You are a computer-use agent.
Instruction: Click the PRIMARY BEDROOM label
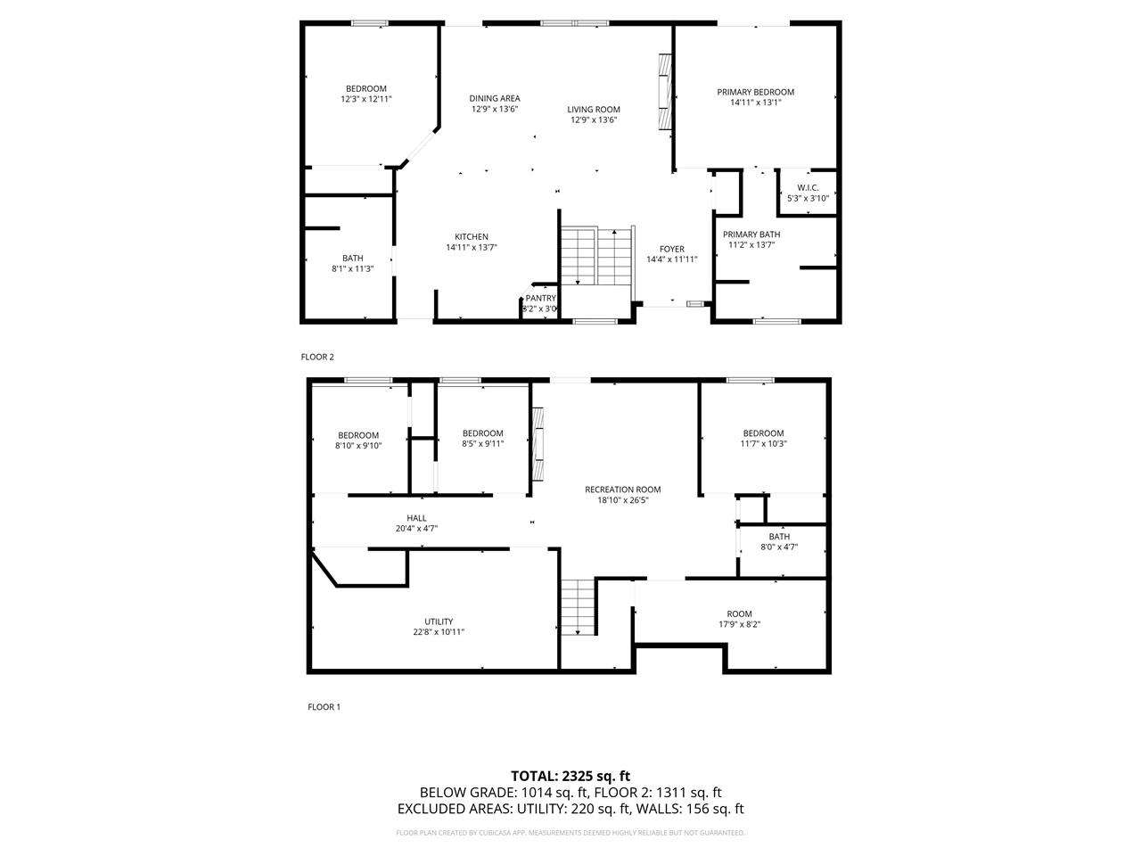coord(755,92)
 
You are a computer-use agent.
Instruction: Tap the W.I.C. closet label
coord(808,187)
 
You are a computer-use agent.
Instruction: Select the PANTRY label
coord(540,298)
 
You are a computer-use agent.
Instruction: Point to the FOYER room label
coord(671,249)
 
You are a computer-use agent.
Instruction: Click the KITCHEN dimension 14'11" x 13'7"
coord(471,247)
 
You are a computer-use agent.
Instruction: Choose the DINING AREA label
coord(495,98)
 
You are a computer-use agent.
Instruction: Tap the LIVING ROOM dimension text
coord(594,119)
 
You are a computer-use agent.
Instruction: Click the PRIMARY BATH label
coord(751,235)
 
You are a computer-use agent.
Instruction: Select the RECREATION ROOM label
coord(622,489)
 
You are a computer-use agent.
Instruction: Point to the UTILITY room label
coord(439,621)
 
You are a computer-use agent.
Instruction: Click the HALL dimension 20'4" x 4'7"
coord(416,528)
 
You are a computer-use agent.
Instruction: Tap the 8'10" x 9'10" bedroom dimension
coord(358,446)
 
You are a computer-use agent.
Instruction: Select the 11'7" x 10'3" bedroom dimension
coord(763,443)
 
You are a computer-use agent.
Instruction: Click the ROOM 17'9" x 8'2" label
coord(739,613)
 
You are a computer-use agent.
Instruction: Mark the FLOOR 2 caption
coord(317,357)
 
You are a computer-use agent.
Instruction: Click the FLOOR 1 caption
coord(324,707)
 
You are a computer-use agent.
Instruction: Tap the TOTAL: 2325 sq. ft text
coord(570,776)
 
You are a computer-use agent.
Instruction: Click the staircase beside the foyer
coord(595,256)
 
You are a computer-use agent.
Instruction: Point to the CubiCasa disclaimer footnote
coord(570,833)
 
